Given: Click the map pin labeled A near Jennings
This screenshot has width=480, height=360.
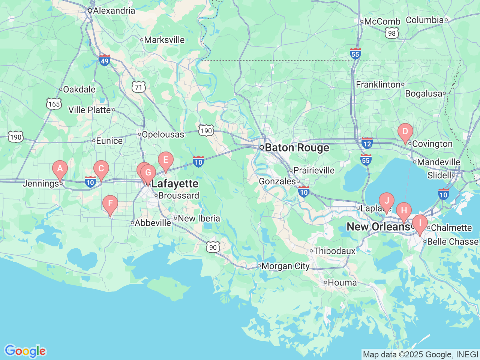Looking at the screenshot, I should [60, 169].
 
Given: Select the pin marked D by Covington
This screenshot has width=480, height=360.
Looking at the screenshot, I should [405, 132].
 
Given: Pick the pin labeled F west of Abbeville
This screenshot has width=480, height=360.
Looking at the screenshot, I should [110, 204].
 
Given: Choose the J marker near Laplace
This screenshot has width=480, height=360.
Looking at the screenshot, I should [387, 201].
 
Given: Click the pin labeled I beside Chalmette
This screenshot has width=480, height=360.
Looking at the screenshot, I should [420, 223].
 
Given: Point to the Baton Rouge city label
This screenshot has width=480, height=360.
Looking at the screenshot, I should [297, 148].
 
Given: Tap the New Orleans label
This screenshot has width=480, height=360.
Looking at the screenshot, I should [378, 227].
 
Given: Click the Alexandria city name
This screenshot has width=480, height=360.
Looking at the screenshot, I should [114, 10].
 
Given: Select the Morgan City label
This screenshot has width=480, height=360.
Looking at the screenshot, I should [285, 266].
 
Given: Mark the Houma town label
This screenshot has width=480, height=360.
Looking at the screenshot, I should [342, 283].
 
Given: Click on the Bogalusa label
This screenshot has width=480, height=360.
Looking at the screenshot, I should [424, 94].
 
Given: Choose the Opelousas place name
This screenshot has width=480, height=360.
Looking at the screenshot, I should [163, 134].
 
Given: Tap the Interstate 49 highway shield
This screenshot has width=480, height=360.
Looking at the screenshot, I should [105, 60].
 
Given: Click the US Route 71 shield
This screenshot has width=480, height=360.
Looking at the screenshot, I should [139, 87].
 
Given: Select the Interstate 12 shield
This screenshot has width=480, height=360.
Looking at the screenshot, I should [367, 143].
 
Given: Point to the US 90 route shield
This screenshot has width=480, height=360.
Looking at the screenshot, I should [213, 247].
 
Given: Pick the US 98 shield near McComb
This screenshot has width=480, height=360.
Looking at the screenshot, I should [391, 33].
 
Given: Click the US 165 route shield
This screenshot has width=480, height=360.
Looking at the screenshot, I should [54, 104].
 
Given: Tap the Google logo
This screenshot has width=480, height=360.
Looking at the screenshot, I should [25, 351].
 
